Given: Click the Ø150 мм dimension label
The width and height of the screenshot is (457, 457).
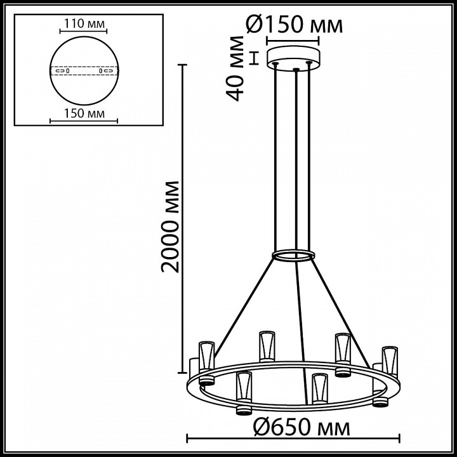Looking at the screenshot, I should (293, 25).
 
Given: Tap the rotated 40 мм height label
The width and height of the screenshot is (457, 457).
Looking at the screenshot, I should (237, 69).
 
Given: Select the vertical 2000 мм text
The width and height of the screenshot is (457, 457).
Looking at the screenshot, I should (170, 226).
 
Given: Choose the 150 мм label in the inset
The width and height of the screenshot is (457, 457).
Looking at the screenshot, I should (83, 114).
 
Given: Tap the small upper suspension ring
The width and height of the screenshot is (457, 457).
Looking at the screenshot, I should (293, 256).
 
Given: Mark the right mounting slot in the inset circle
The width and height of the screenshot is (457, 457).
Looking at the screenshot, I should (105, 70).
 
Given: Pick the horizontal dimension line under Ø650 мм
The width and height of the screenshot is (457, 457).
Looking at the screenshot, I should (293, 437).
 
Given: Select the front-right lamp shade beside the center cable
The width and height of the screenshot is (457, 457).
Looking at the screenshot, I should (319, 387).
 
